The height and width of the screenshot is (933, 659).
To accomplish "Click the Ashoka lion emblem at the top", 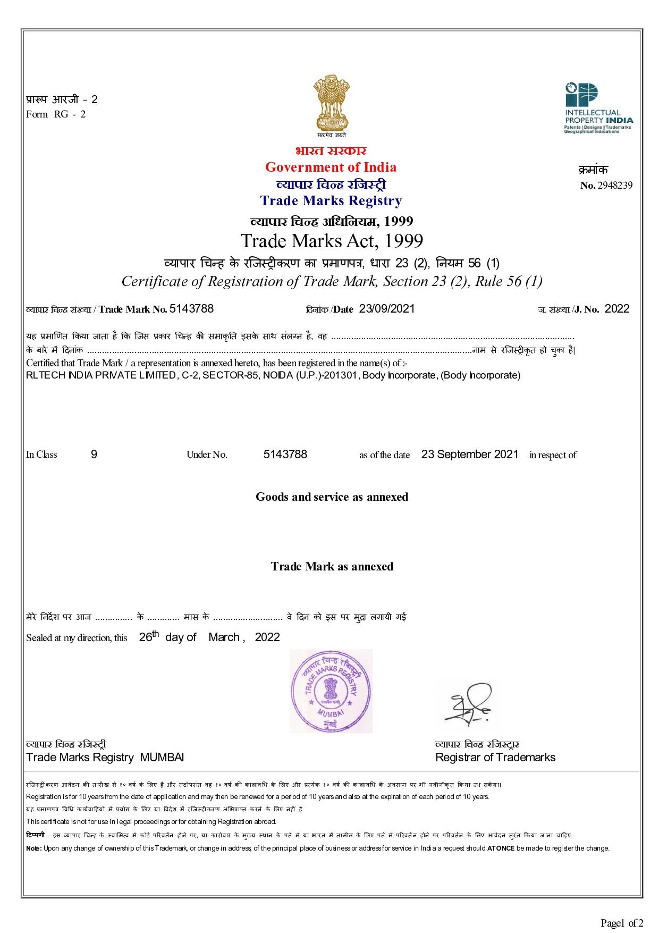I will (331, 104).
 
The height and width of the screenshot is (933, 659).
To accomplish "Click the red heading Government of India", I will (331, 167).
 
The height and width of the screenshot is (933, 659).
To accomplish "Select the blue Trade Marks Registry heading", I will (331, 201).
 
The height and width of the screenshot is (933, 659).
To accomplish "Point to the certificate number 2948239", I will (615, 186).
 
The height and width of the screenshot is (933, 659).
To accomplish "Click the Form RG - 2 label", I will (56, 114).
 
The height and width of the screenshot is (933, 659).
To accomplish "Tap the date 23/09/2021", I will (387, 309).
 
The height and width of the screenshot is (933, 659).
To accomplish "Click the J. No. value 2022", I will (617, 309).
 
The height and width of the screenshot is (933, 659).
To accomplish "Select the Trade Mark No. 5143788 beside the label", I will (191, 309).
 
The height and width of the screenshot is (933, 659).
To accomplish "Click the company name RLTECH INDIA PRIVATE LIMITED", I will (101, 375).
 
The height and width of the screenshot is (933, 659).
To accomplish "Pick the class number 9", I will (94, 455).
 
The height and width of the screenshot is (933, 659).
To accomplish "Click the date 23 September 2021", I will (470, 455).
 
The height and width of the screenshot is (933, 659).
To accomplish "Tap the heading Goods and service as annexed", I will (332, 497).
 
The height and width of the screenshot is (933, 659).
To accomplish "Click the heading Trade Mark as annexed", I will (332, 567).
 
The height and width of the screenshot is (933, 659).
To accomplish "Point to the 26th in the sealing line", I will (149, 636).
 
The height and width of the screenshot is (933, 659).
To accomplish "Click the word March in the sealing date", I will (224, 637).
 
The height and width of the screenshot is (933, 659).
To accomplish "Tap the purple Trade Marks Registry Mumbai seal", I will (331, 691).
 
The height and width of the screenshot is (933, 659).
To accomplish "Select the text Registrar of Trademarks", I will (495, 758).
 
